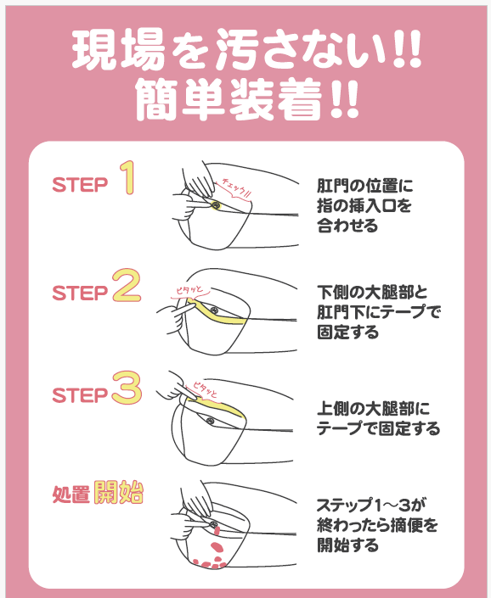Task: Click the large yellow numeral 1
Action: [x=127, y=177]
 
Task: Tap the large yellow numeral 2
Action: [x=127, y=285]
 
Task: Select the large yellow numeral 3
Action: [x=127, y=388]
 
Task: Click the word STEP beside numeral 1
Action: [x=80, y=185]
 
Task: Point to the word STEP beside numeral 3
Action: [x=80, y=395]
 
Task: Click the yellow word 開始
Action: [x=118, y=492]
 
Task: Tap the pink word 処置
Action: [x=71, y=494]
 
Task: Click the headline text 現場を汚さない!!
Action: [x=246, y=50]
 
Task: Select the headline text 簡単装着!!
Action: [x=247, y=99]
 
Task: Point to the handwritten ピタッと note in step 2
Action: [x=189, y=291]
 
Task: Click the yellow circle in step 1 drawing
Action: [x=216, y=205]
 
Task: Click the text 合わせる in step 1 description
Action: [x=347, y=225]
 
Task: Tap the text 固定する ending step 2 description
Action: [x=347, y=332]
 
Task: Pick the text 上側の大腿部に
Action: [x=373, y=409]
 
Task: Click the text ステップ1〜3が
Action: [x=370, y=506]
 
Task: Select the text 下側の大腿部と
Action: [x=372, y=293]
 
